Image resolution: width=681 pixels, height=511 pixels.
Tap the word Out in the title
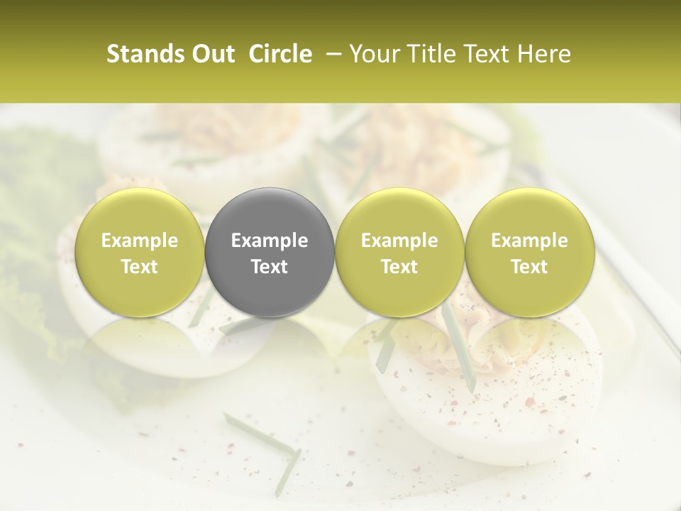[x=212, y=54]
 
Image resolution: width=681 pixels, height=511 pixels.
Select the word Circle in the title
[x=280, y=54]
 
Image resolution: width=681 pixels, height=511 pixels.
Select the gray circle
[x=270, y=252]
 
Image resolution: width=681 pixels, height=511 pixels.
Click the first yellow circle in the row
[x=140, y=252]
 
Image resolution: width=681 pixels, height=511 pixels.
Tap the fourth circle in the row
[x=530, y=252]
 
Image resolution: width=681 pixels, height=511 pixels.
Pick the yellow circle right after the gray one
[x=399, y=252]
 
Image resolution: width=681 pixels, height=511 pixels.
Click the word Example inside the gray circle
[x=270, y=241]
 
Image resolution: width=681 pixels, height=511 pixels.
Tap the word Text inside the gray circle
[x=270, y=267]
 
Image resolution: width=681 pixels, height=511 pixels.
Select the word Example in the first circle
[x=140, y=241]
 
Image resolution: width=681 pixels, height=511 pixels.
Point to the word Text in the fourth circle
[x=530, y=267]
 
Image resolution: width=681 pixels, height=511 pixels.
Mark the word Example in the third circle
[x=399, y=241]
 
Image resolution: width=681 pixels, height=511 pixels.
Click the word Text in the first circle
[x=140, y=267]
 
